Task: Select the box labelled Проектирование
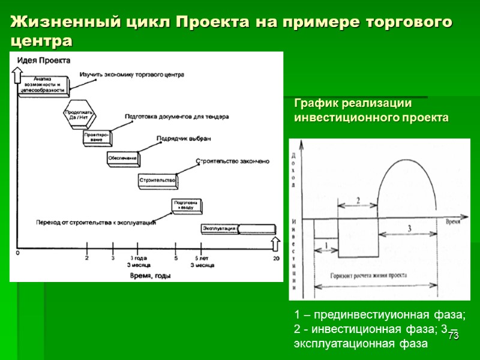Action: click(x=97, y=138)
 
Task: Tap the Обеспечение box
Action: click(x=122, y=158)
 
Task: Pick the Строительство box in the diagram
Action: click(x=157, y=179)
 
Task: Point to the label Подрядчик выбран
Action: click(x=184, y=138)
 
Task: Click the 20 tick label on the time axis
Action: click(x=276, y=258)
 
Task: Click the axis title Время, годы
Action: click(x=149, y=275)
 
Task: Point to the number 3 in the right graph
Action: click(x=409, y=229)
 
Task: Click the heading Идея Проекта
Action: click(x=44, y=60)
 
